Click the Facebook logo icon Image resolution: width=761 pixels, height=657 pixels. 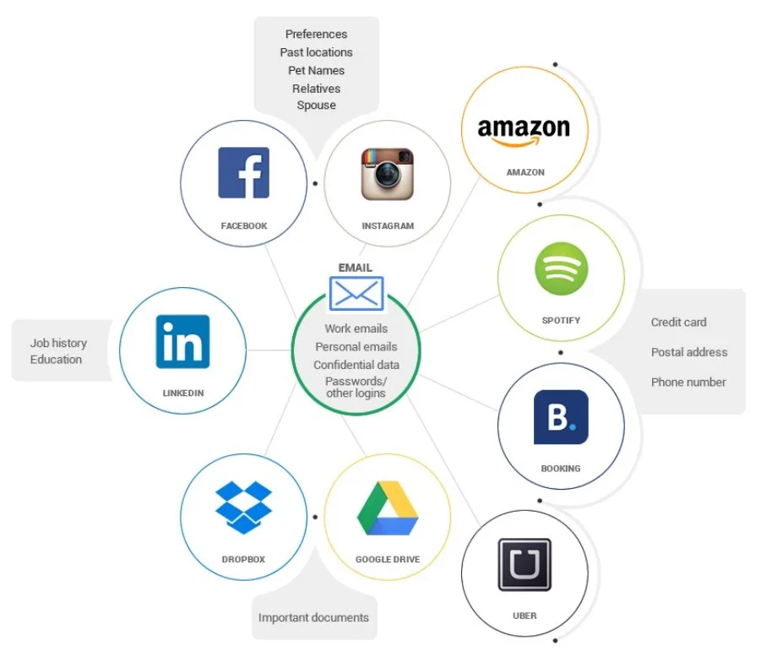[x=243, y=173]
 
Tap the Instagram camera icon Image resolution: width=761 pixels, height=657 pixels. [x=388, y=174]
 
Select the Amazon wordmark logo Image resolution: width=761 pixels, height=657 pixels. [x=524, y=132]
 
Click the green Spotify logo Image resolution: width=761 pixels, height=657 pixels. [x=561, y=269]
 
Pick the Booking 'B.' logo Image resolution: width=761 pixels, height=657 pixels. [x=561, y=417]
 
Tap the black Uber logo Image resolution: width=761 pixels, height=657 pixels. [x=525, y=564]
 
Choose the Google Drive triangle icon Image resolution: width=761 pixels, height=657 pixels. [x=388, y=508]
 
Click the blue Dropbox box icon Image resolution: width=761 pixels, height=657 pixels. [x=243, y=508]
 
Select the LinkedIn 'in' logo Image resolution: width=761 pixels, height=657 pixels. [x=183, y=342]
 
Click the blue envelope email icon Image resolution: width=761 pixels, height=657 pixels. [x=356, y=293]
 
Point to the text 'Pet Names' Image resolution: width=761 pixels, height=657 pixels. [x=317, y=70]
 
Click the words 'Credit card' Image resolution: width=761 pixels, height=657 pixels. [x=678, y=323]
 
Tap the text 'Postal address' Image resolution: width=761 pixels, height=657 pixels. [x=689, y=352]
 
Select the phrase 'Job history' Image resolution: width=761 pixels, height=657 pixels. [x=58, y=344]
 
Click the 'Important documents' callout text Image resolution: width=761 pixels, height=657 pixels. [x=313, y=617]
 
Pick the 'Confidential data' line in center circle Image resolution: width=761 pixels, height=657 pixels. [x=356, y=365]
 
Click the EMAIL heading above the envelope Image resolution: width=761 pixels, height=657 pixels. [x=356, y=268]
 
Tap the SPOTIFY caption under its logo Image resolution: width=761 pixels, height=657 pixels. [x=561, y=320]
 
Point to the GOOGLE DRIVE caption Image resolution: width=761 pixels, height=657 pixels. [x=388, y=560]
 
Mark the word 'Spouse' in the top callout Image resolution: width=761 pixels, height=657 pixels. [x=317, y=106]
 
